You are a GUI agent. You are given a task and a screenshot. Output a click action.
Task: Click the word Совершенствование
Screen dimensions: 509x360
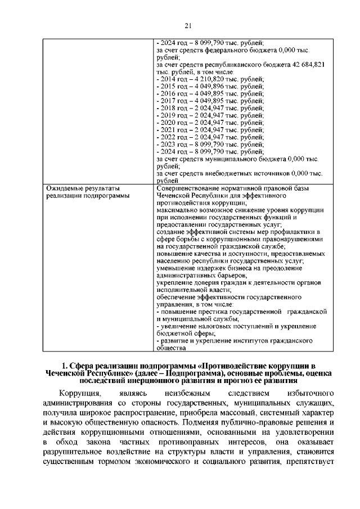coord(187,188)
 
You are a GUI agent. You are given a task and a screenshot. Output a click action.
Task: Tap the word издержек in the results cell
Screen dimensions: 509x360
coord(208,269)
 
